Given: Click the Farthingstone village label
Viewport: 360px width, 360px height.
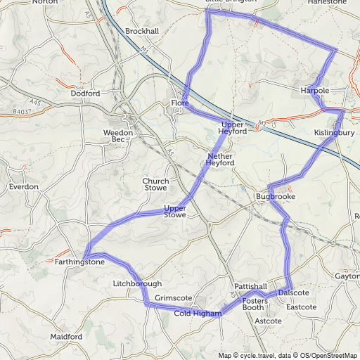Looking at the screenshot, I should pyautogui.click(x=79, y=262).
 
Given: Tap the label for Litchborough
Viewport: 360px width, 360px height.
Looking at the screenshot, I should pyautogui.click(x=137, y=283).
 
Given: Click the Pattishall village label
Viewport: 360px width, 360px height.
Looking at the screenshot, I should pyautogui.click(x=251, y=288).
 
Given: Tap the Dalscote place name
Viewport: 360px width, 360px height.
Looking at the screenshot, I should pyautogui.click(x=293, y=292).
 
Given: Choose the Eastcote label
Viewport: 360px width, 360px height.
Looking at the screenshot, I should pyautogui.click(x=302, y=307).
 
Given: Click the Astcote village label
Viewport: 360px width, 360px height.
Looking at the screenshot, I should pyautogui.click(x=268, y=321).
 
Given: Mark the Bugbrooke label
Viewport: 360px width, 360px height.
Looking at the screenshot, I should pyautogui.click(x=271, y=196).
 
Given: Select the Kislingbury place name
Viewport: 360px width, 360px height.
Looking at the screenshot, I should pyautogui.click(x=334, y=132).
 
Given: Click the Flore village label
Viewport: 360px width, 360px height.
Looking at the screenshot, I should pyautogui.click(x=180, y=104).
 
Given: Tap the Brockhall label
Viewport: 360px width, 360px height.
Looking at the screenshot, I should pyautogui.click(x=142, y=32).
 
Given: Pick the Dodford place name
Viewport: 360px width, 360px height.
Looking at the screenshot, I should pyautogui.click(x=86, y=94).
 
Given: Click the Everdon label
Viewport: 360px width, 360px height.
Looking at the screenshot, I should pyautogui.click(x=23, y=187).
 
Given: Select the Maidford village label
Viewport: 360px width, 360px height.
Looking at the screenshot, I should pyautogui.click(x=66, y=337).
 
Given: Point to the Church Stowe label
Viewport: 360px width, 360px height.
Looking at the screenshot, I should pyautogui.click(x=155, y=184).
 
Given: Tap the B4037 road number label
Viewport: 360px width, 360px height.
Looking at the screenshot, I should pyautogui.click(x=22, y=111).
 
